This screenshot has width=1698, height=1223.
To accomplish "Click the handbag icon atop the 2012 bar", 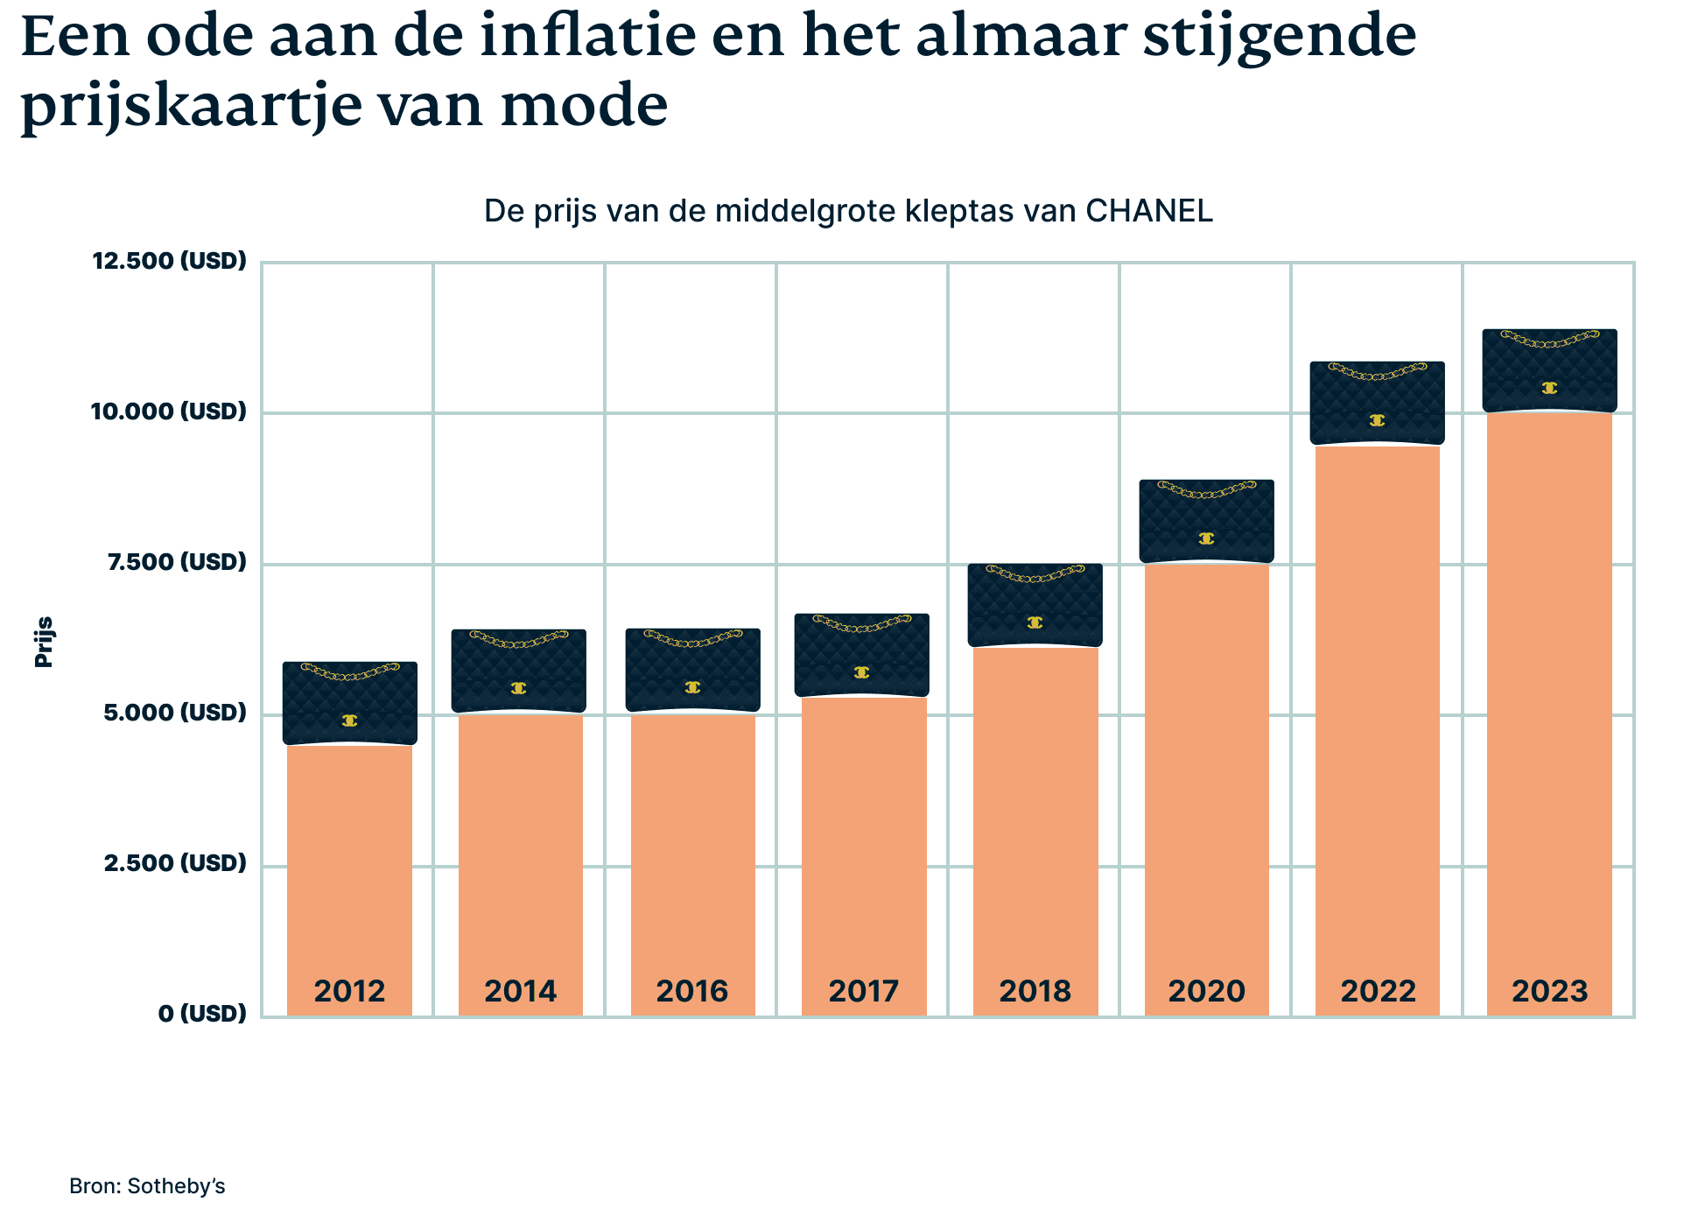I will coord(349,703).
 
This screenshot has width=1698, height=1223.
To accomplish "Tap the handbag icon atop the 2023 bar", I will coord(1549,370).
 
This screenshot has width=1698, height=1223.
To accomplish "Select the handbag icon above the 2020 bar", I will coord(1206,521).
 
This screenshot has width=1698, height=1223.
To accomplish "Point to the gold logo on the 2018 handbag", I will coord(1035,622).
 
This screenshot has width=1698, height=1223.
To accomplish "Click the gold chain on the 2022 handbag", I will coord(1377,372).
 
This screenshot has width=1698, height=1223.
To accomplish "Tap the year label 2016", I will coord(692,991).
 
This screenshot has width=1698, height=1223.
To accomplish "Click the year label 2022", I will coord(1378,991).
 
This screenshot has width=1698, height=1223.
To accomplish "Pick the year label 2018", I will coord(1035,991).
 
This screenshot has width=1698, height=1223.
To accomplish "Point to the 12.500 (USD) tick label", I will coord(170,261).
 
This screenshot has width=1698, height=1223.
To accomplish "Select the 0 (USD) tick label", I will coord(202,1014).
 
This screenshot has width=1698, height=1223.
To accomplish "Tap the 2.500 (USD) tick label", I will coord(175,863).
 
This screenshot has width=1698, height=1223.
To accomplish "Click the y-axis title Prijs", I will coord(44,642).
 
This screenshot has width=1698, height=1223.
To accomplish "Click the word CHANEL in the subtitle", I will coord(1148,211).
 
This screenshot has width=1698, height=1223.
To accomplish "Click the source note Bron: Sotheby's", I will coord(147,1186).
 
